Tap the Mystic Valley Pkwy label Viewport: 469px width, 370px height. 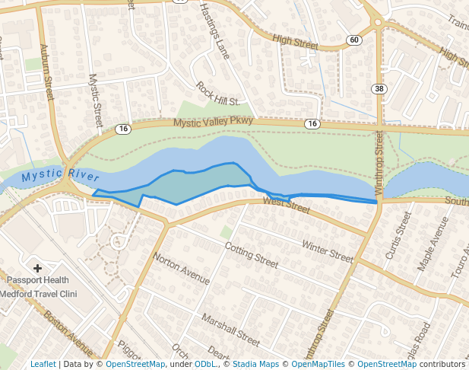coord(212,122)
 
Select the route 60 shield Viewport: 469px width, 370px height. coord(354,40)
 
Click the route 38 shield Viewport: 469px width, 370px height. coord(379,89)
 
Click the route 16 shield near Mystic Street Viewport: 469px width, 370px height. coord(123,129)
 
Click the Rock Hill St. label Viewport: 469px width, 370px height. coord(217,94)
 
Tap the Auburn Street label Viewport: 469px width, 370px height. coord(48,73)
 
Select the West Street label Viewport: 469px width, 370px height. coord(287,204)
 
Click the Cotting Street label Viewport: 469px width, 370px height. coord(252,254)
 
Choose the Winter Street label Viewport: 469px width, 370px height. coord(328,250)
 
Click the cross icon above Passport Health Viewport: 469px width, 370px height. coord(37,268)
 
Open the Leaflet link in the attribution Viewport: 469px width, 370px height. coord(43,364)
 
